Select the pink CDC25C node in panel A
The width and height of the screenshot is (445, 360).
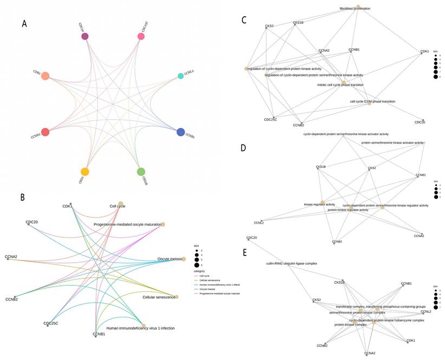point(141,36)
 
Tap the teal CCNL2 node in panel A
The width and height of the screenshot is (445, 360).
point(180,76)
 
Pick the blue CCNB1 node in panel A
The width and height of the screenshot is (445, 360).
point(180,132)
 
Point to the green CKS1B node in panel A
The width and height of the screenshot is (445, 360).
point(141,172)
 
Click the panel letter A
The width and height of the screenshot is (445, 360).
point(24,24)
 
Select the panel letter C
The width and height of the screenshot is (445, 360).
point(244,20)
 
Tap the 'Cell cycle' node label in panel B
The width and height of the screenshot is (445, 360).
point(117,206)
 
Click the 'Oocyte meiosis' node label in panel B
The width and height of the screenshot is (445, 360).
point(169,259)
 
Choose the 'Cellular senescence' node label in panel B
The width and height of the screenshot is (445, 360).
point(159,297)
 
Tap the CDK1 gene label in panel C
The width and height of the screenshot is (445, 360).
point(424,51)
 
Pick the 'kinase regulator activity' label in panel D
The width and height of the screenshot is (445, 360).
point(319,204)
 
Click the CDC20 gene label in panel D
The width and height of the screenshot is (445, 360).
point(251,238)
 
